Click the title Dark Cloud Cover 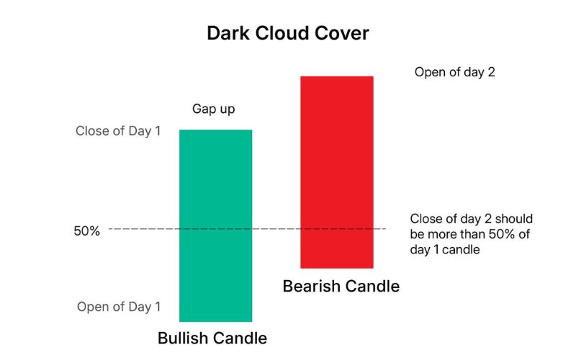tap(287, 33)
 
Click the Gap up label tap(213, 109)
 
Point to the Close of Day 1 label tap(118, 132)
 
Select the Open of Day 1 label tap(118, 307)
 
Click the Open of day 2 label tap(454, 73)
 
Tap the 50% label tap(86, 231)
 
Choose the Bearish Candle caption tap(341, 286)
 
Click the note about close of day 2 tap(460, 234)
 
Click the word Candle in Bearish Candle tap(372, 286)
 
